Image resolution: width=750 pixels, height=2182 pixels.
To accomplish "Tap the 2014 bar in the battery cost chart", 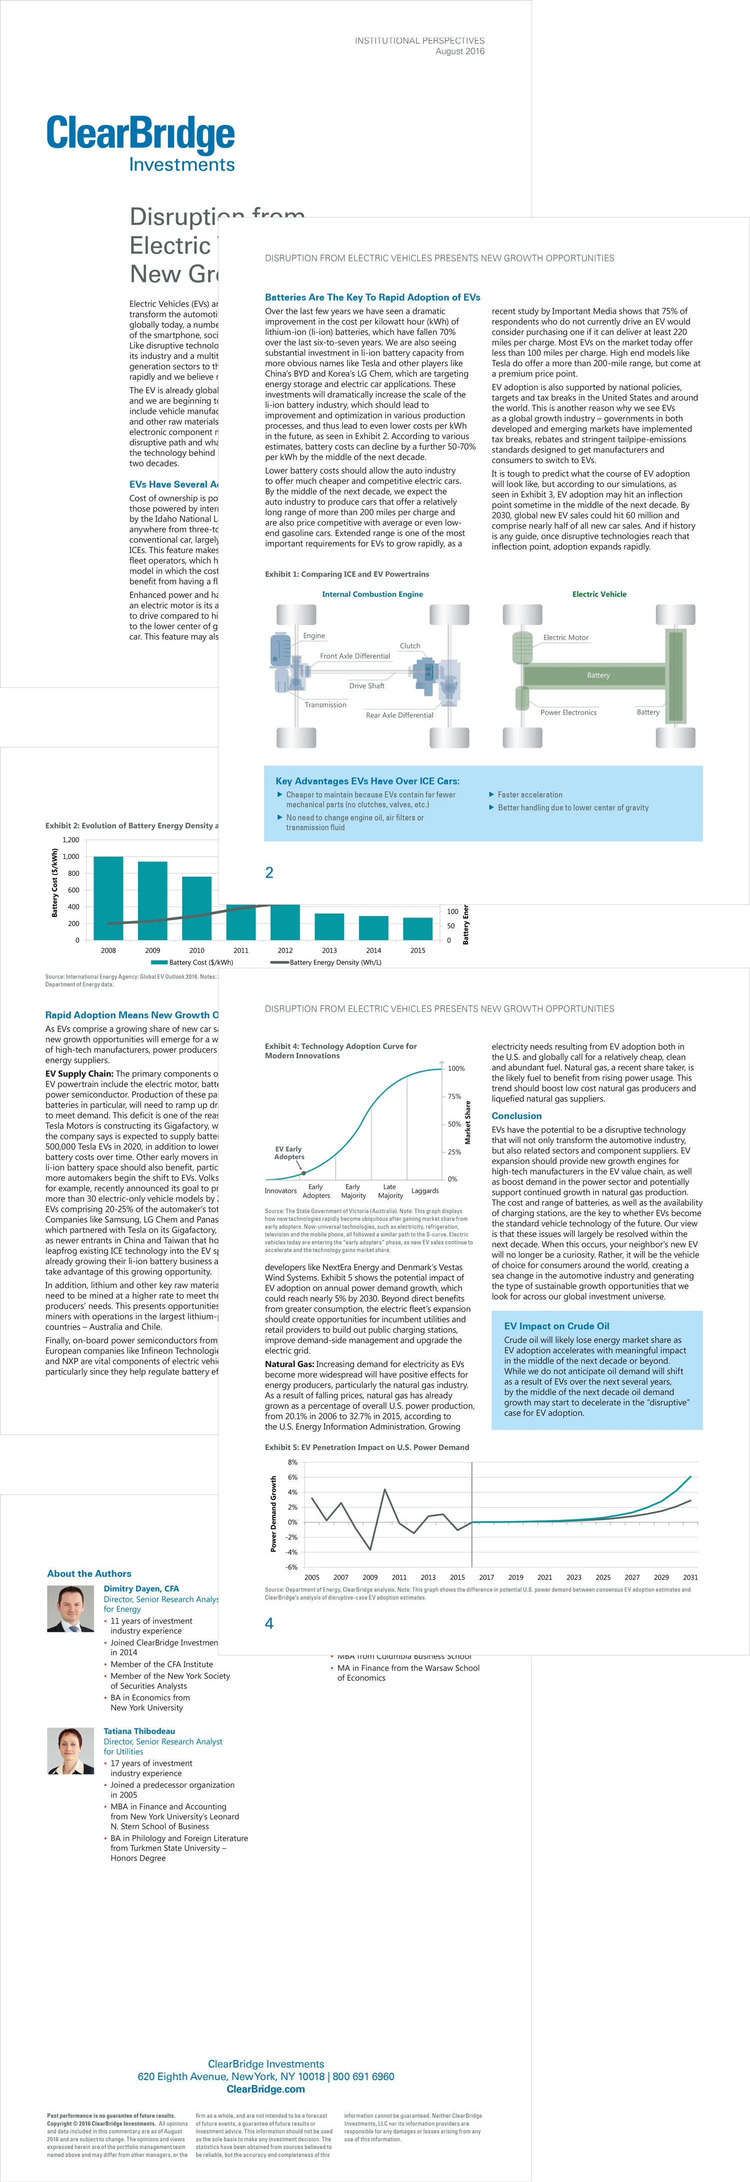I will pyautogui.click(x=373, y=927).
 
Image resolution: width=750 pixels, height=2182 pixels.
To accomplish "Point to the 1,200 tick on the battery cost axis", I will pyautogui.click(x=70, y=840).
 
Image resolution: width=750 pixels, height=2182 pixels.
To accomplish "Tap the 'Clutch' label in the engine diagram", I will pyautogui.click(x=409, y=646).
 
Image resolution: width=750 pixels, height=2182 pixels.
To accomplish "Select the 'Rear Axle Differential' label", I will pyautogui.click(x=399, y=715).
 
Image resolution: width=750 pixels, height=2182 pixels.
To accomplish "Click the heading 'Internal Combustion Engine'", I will pyautogui.click(x=372, y=594).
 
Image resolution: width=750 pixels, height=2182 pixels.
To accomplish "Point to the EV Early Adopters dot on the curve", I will pyautogui.click(x=303, y=1173).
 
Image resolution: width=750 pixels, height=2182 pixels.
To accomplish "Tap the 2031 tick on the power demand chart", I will pyautogui.click(x=690, y=1577).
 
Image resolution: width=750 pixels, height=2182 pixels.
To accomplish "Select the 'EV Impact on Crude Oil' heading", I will pyautogui.click(x=556, y=1326).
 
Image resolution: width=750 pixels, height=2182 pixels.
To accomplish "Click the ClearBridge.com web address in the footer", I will pyautogui.click(x=265, y=2089).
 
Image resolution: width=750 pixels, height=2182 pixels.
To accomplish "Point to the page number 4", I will pyautogui.click(x=269, y=1623).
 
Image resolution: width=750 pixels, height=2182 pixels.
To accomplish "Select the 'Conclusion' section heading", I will pyautogui.click(x=516, y=1116).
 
